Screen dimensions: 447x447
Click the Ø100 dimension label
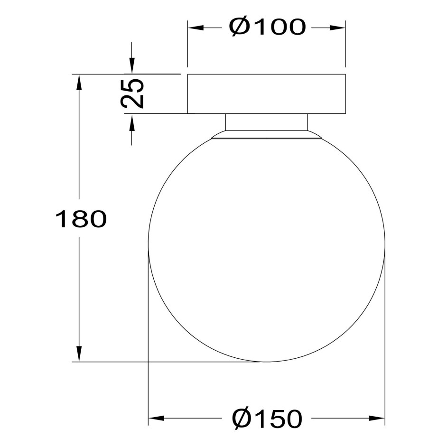[268, 28]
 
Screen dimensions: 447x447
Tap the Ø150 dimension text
[267, 419]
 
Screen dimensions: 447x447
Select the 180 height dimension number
[81, 219]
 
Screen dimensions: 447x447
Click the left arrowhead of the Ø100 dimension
[196, 28]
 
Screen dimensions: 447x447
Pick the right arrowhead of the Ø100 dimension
[337, 28]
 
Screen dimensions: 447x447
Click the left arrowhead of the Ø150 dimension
[157, 419]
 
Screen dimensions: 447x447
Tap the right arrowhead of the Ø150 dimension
[377, 419]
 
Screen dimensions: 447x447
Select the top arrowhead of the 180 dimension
[79, 83]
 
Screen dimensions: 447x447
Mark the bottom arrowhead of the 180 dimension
[79, 354]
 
